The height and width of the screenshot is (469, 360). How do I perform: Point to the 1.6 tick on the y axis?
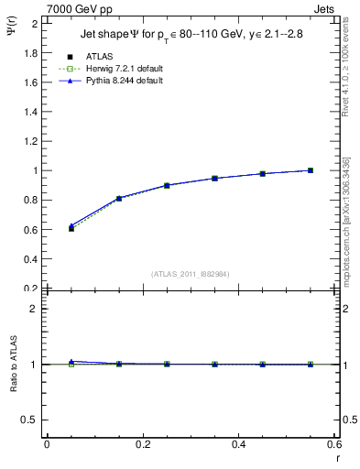coord(32,82)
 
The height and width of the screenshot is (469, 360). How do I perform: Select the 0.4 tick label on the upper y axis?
coord(32,258)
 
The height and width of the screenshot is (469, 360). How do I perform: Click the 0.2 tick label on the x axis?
coord(142,444)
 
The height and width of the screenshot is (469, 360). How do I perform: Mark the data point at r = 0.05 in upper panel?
coord(71,228)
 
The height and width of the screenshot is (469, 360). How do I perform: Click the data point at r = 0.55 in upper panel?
coord(311,170)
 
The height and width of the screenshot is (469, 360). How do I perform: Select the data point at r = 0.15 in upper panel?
coord(118,198)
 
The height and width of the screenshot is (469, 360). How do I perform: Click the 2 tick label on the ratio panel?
coord(35,309)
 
